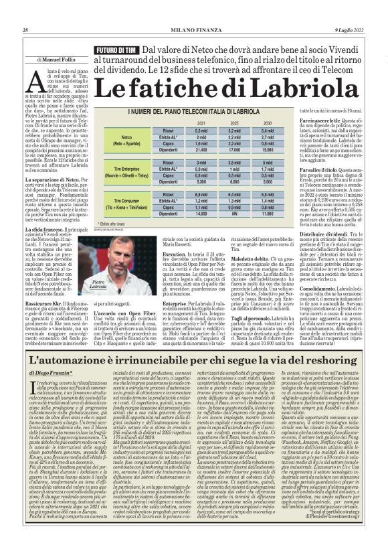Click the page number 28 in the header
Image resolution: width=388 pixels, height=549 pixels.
pos(25,30)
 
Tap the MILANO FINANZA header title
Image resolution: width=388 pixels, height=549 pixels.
pos(195,30)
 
